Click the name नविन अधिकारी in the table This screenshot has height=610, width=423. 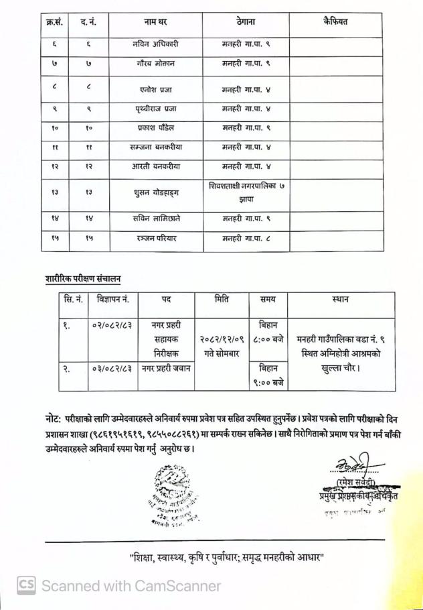(155, 44)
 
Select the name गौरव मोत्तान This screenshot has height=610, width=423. (155, 66)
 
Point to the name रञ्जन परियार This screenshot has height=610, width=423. (155, 239)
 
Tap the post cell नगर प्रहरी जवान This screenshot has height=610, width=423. (165, 368)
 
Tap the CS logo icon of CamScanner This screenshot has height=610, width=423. (26, 585)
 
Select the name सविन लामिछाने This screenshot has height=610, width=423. (155, 217)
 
